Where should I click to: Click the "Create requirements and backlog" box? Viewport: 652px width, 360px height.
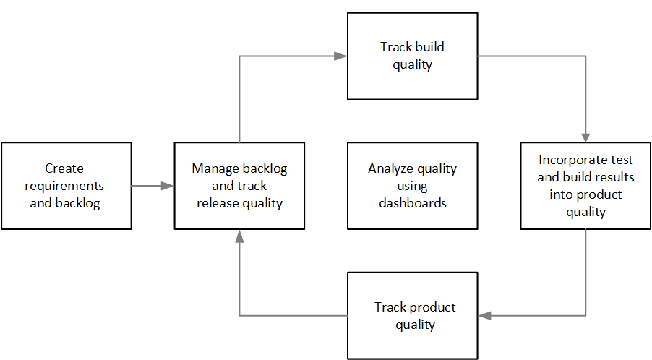[67, 186]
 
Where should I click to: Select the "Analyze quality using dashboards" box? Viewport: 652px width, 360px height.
[412, 186]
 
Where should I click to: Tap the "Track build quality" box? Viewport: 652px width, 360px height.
[412, 56]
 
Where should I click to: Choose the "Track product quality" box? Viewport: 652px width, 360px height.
[412, 316]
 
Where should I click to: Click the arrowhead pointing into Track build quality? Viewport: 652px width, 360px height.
[340, 56]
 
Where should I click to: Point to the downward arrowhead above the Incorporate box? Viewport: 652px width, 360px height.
[585, 136]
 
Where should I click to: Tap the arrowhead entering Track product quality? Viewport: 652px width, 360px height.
[484, 315]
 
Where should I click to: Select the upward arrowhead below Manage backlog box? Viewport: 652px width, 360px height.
[239, 236]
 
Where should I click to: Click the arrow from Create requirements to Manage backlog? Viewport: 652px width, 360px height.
[153, 186]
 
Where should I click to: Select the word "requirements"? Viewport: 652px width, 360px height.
[64, 186]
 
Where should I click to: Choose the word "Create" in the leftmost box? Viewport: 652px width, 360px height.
[64, 168]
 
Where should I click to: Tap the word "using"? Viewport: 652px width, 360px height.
[412, 186]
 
